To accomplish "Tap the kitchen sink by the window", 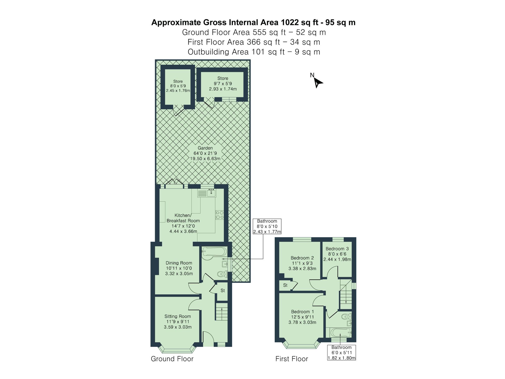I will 211,194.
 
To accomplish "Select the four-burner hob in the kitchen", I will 219,215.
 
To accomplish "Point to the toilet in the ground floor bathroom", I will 222,274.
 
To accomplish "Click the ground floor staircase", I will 221,312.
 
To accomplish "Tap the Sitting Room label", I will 178,316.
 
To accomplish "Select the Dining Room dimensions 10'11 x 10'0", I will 179,268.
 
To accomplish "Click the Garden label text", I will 205,148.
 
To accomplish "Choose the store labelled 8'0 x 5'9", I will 178,86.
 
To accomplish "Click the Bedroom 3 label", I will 337,249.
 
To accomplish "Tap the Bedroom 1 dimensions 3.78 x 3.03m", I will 302,322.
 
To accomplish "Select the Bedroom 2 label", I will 302,258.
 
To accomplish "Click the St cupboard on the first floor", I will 285,285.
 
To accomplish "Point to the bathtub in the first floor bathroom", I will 340,333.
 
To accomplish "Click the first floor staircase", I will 346,294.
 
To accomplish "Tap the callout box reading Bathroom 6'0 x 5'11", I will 341,352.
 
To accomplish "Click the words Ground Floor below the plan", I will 172,359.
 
